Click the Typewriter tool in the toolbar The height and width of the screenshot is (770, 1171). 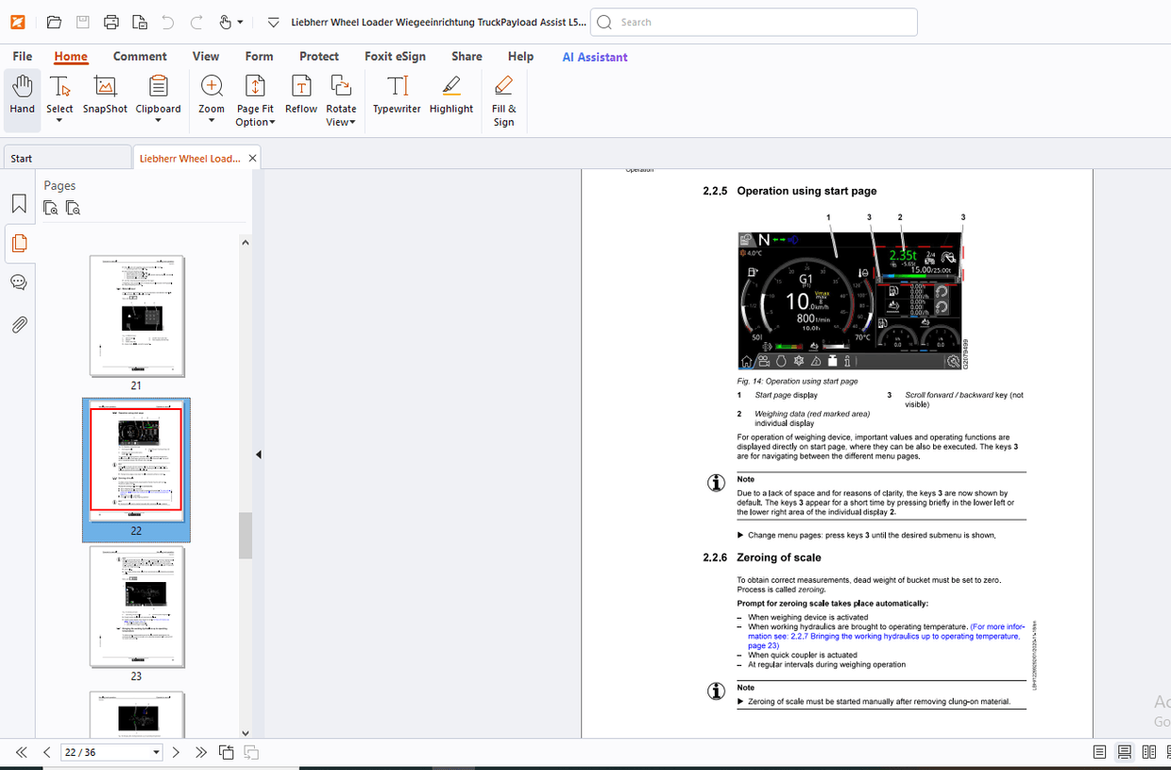click(397, 95)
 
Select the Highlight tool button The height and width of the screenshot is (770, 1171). click(451, 95)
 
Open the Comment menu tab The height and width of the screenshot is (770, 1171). click(140, 57)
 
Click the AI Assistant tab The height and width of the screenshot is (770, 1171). click(595, 57)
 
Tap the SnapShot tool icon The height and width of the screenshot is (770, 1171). click(105, 95)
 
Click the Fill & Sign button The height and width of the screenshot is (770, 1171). click(504, 100)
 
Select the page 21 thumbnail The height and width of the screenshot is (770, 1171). click(137, 317)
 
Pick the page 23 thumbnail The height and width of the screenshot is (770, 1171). click(137, 607)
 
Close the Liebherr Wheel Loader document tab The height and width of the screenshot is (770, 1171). click(252, 158)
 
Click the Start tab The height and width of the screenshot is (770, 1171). click(22, 159)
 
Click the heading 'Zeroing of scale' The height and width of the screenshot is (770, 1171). click(778, 557)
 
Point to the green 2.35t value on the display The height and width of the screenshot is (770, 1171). click(903, 255)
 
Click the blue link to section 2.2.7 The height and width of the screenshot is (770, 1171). click(883, 636)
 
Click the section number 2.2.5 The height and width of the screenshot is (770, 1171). click(715, 191)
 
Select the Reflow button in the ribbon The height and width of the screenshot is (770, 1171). click(301, 95)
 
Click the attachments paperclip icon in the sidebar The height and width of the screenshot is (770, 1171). click(19, 325)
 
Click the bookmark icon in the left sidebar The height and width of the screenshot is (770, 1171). click(19, 204)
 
